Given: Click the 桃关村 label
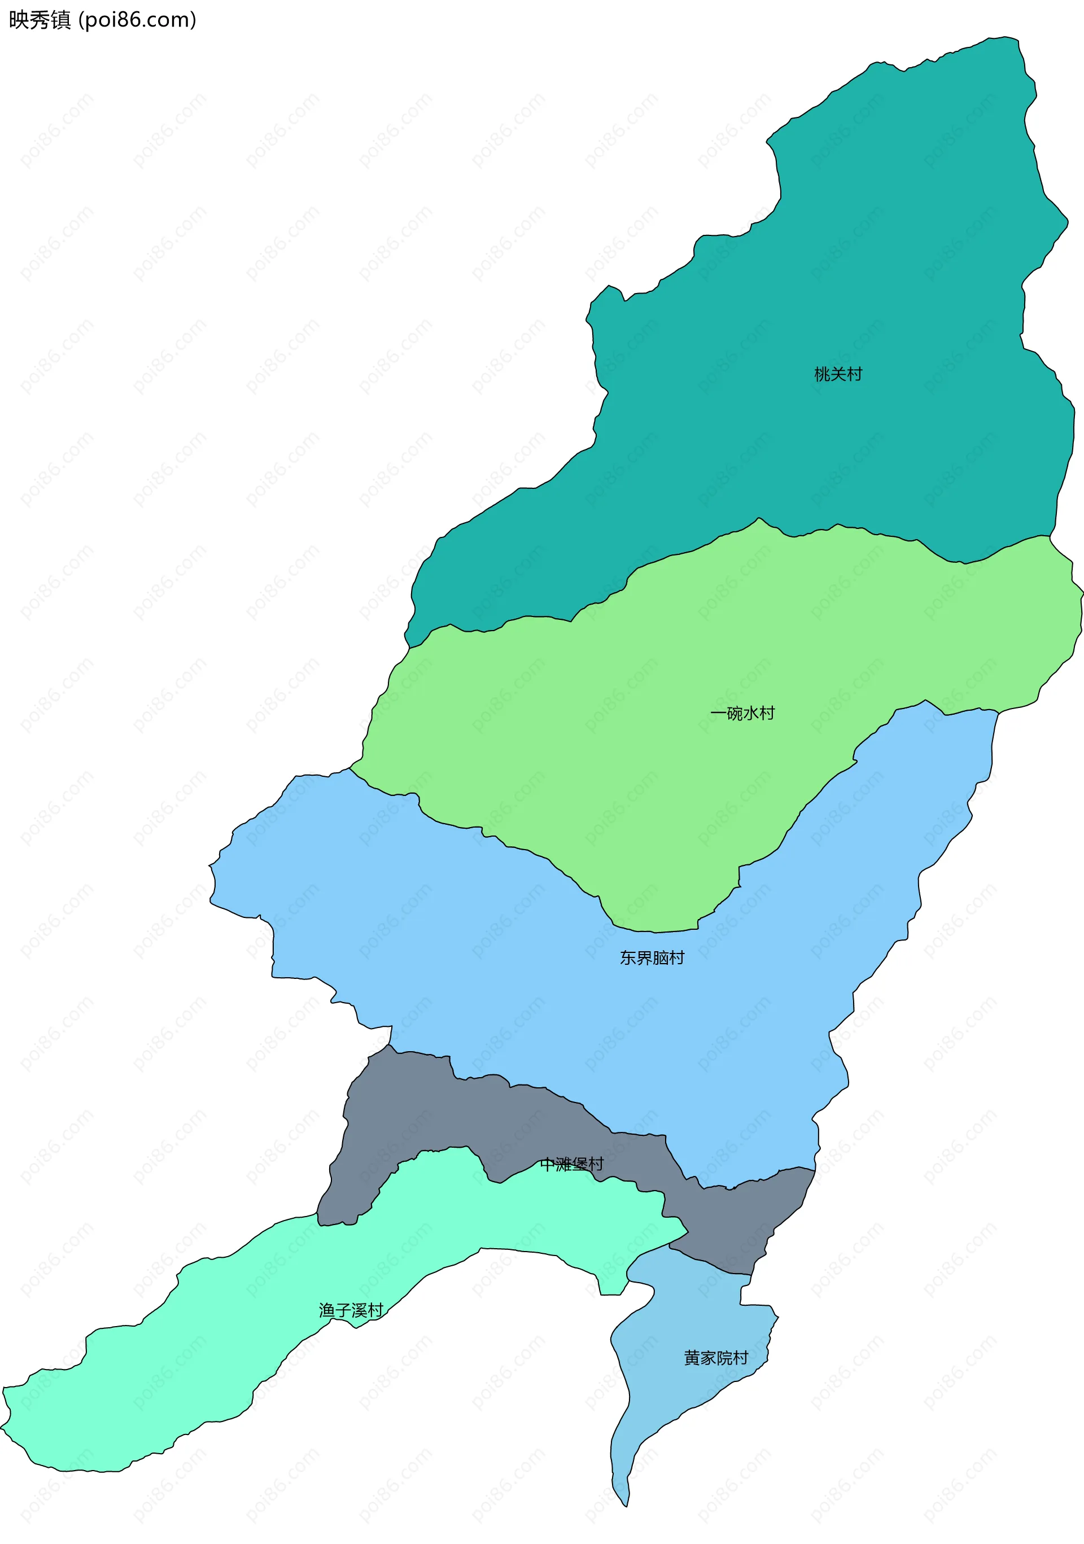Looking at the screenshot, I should (838, 374).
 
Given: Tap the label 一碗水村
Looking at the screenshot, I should (742, 713).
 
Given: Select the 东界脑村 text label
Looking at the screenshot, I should (652, 957).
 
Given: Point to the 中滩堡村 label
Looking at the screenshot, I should (571, 1164).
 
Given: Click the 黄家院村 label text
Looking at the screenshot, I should (715, 1358).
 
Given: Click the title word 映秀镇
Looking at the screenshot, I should (40, 20).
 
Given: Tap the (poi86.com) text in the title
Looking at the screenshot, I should (138, 20).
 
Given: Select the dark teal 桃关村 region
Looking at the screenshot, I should (841, 269).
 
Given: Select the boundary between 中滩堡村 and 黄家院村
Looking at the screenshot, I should (713, 1264).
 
